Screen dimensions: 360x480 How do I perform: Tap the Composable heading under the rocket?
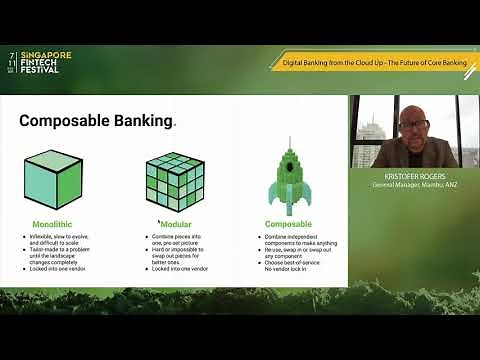(288, 224)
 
